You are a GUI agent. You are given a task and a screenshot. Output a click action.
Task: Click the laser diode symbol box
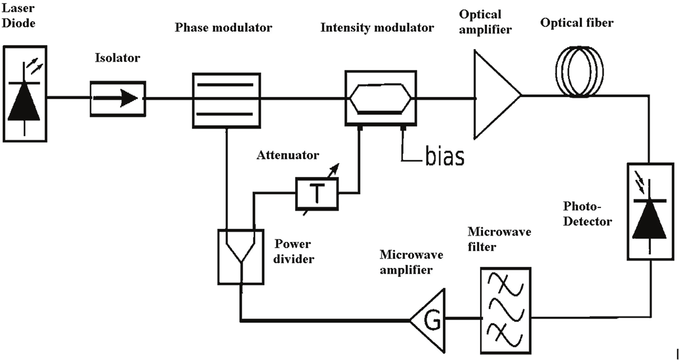coord(25,94)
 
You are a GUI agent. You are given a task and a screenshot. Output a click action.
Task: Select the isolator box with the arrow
coord(118,99)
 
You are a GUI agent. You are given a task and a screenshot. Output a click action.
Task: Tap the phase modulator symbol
coord(226,100)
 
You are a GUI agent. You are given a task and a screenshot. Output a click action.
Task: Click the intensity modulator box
coord(381,98)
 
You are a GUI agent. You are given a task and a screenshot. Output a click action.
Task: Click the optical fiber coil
coord(579,71)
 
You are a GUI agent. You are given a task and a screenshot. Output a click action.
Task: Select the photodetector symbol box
coord(650,211)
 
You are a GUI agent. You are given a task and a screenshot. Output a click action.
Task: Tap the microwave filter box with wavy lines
coord(505,310)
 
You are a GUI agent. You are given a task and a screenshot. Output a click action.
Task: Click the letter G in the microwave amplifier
coord(432,320)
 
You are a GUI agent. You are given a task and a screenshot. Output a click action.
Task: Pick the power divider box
coord(241,257)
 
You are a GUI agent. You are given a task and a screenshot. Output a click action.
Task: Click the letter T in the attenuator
coord(317,193)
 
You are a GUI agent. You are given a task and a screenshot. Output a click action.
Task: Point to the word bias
coord(444,156)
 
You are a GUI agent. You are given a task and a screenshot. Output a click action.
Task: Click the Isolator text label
coord(117,58)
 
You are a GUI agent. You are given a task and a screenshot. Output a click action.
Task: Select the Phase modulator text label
coord(223,28)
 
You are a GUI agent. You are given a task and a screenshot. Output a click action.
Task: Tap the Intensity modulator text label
coord(377,28)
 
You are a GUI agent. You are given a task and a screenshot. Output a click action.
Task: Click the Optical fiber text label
coord(577,23)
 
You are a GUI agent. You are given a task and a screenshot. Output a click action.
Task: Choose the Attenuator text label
coord(288,155)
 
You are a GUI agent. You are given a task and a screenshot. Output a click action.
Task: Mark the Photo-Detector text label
coord(587,214)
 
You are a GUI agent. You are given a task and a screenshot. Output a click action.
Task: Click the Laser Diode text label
coord(18,15)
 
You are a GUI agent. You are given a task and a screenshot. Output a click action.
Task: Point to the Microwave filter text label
coord(499,239)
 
